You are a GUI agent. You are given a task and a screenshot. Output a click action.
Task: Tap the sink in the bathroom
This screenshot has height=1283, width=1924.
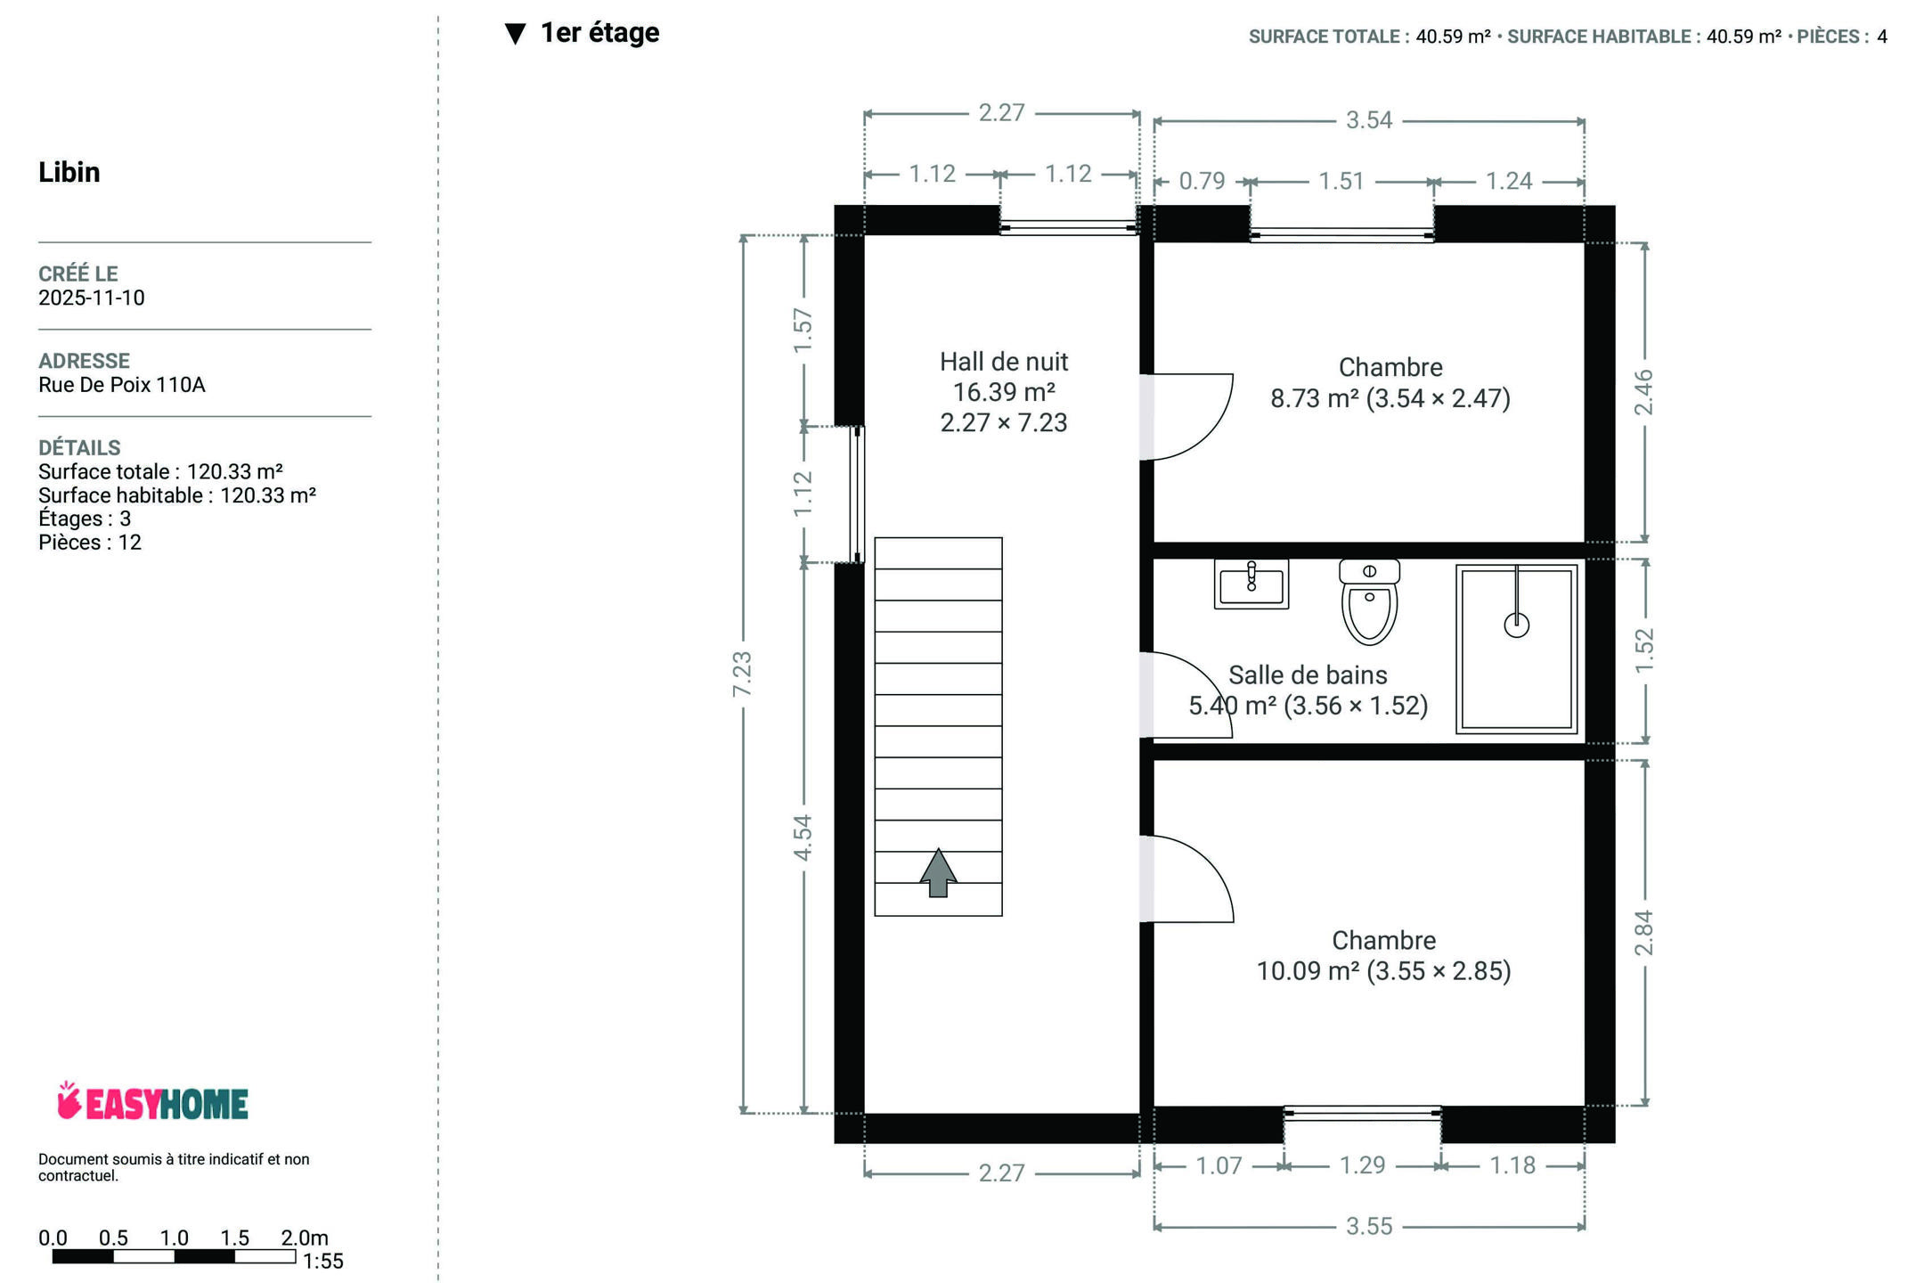pyautogui.click(x=1251, y=584)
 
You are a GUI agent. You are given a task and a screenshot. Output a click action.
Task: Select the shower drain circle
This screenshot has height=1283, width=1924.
pyautogui.click(x=1517, y=625)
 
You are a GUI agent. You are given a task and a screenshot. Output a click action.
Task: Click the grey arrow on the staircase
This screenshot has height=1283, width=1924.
pyautogui.click(x=938, y=872)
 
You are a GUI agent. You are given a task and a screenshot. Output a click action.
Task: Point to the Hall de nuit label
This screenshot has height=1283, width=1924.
pyautogui.click(x=1004, y=362)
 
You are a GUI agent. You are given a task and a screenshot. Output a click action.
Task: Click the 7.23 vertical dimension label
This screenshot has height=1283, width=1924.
pyautogui.click(x=742, y=674)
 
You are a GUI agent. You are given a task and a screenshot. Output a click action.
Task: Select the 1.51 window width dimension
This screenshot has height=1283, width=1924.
pyautogui.click(x=1341, y=181)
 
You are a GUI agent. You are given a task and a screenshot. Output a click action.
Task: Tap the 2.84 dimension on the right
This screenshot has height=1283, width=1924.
pyautogui.click(x=1643, y=933)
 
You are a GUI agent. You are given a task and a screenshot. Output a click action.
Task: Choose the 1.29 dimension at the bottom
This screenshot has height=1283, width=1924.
pyautogui.click(x=1363, y=1165)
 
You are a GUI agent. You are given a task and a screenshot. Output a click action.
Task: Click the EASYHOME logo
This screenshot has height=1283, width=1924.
pyautogui.click(x=152, y=1102)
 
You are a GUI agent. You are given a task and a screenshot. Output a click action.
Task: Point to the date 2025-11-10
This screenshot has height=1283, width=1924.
pyautogui.click(x=92, y=298)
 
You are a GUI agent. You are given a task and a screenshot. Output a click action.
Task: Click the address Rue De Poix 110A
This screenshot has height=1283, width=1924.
pyautogui.click(x=122, y=385)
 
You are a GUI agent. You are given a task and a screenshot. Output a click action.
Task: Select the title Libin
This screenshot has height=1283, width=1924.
pyautogui.click(x=69, y=172)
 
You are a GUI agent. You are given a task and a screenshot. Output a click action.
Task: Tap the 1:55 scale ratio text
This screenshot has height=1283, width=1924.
pyautogui.click(x=322, y=1262)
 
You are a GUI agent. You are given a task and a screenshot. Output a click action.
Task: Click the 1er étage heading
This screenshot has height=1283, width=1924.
pyautogui.click(x=600, y=33)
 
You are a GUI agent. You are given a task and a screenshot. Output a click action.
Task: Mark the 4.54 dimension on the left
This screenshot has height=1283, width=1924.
pyautogui.click(x=803, y=838)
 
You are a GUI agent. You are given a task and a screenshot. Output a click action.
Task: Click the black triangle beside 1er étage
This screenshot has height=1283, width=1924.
pyautogui.click(x=516, y=34)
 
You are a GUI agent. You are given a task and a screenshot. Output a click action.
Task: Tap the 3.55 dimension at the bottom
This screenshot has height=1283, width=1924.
pyautogui.click(x=1369, y=1227)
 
